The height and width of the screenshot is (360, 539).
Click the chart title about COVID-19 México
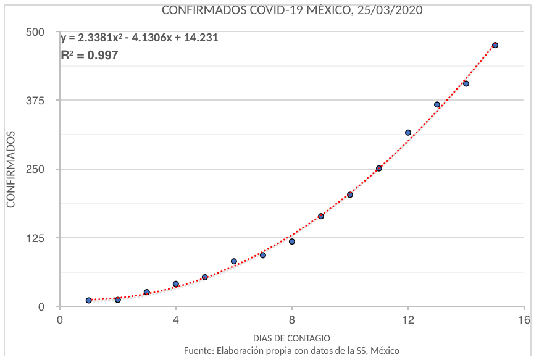point(292,10)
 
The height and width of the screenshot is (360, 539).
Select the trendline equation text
point(139,38)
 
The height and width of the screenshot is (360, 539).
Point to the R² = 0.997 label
point(89,56)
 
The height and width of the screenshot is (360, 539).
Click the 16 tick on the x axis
point(524,320)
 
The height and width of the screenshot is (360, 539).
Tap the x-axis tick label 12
point(408,320)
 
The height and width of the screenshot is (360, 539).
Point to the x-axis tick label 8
point(292,320)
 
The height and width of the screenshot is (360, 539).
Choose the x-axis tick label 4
point(176,320)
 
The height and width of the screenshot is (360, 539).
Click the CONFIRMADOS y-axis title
point(10,169)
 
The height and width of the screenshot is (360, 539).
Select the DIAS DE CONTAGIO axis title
point(291,338)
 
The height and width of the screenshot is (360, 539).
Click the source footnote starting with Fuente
point(291,351)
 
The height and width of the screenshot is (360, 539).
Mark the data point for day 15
point(495,45)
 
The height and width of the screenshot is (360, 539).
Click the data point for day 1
point(89,300)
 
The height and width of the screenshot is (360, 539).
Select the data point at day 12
point(408,133)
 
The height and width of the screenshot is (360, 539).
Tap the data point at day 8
point(292,241)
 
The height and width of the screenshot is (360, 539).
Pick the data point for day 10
point(350,195)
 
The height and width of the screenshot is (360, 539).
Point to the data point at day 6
point(234,261)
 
